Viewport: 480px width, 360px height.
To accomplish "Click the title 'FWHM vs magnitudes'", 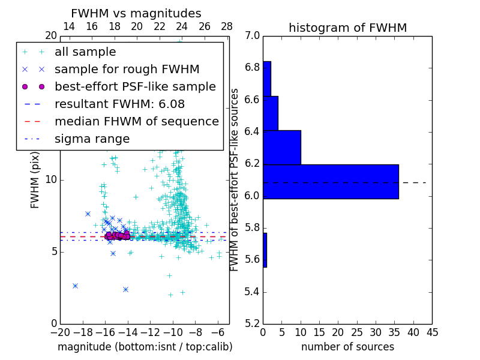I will pyautogui.click(x=136, y=14).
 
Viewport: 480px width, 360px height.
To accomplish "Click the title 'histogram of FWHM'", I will pyautogui.click(x=347, y=28).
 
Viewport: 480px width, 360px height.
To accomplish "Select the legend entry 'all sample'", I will pyautogui.click(x=85, y=52).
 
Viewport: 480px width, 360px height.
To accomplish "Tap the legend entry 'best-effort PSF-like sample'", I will pyautogui.click(x=135, y=86).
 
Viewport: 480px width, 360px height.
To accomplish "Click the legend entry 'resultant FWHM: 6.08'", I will pyautogui.click(x=119, y=104).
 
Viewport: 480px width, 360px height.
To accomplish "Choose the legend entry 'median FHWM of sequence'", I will pyautogui.click(x=136, y=121).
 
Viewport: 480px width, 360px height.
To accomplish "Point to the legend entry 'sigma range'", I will pyautogui.click(x=92, y=139).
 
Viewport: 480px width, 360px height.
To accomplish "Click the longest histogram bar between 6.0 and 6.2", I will pyautogui.click(x=331, y=181).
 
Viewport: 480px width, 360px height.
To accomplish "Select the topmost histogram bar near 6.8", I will pyautogui.click(x=267, y=79).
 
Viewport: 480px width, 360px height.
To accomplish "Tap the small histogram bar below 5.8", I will pyautogui.click(x=265, y=250).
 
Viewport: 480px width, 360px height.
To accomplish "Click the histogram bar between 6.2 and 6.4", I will pyautogui.click(x=282, y=147).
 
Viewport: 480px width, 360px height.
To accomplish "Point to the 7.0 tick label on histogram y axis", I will pyautogui.click(x=253, y=36).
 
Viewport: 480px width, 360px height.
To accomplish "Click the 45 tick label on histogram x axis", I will pyautogui.click(x=431, y=332).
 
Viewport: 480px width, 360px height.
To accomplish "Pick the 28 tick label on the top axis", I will pyautogui.click(x=227, y=26).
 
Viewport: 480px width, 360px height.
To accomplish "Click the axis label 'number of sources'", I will pyautogui.click(x=347, y=347).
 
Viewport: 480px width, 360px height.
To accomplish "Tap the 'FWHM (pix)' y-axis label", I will pyautogui.click(x=35, y=179).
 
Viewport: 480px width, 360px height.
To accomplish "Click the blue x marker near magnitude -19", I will pyautogui.click(x=75, y=286).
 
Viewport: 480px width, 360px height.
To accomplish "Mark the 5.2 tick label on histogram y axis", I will pyautogui.click(x=253, y=323).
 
